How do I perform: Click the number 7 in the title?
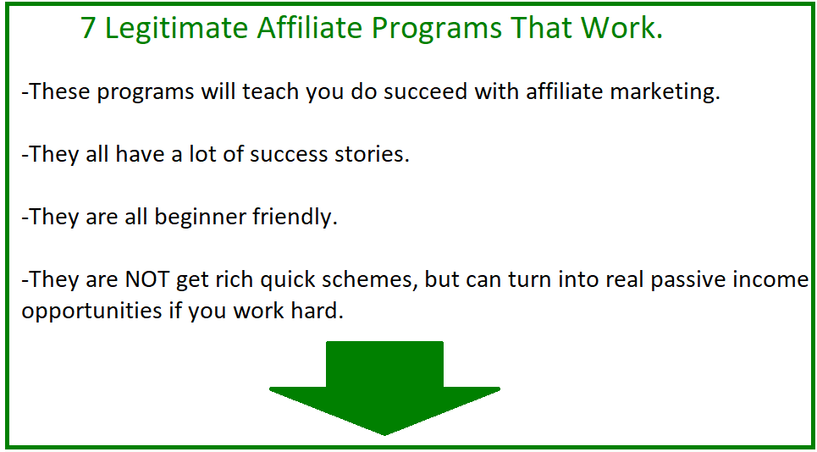coord(89,29)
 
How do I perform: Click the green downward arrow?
coord(384,388)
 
